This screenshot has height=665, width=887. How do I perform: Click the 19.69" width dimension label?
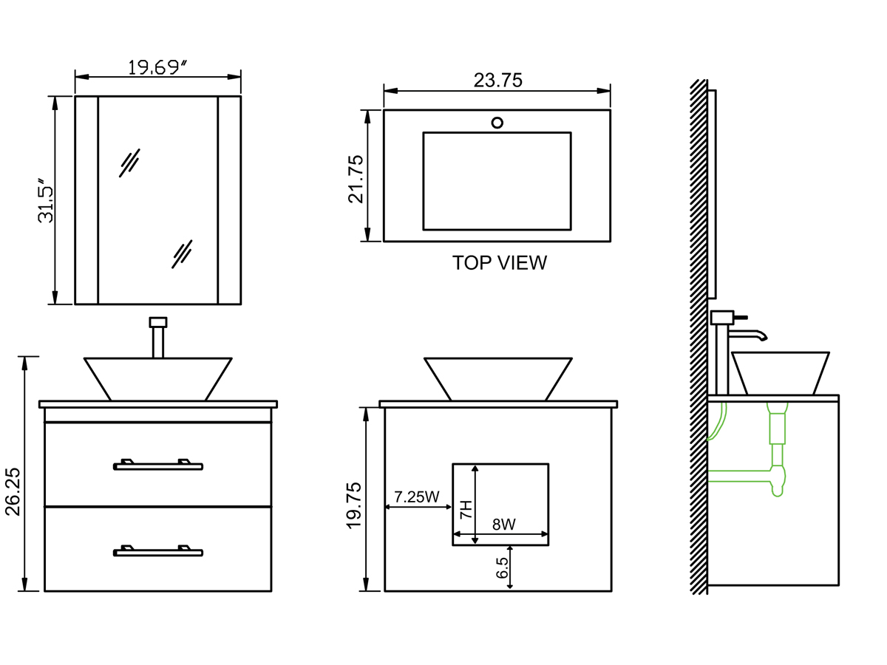(x=157, y=67)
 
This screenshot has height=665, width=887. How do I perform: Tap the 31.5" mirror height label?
(x=47, y=200)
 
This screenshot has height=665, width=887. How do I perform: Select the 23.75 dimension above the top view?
(x=497, y=81)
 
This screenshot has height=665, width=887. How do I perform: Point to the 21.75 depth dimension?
(x=356, y=178)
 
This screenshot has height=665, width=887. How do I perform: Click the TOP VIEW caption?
(x=500, y=263)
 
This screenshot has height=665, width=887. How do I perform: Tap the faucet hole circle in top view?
(x=497, y=123)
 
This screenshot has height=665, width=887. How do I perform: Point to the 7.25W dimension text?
(x=417, y=497)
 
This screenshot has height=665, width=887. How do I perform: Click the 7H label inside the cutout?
(x=466, y=509)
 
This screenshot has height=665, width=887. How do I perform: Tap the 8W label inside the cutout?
(x=503, y=525)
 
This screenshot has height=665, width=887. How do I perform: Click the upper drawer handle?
(x=157, y=465)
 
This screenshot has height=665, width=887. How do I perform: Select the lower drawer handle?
(x=157, y=550)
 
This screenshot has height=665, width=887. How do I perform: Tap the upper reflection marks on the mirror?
(x=129, y=163)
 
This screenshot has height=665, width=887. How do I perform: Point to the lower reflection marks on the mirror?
(x=182, y=253)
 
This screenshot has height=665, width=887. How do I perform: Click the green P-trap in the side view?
(x=776, y=473)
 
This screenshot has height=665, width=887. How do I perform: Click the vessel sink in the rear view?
(x=497, y=379)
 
